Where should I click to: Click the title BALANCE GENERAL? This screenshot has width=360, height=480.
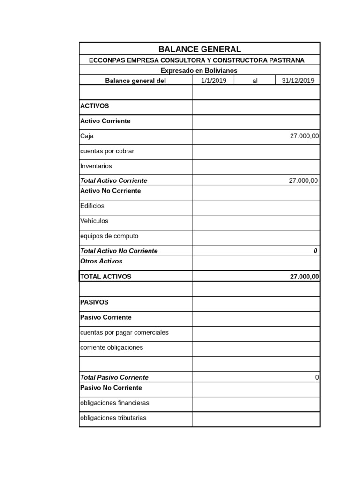[x=200, y=49]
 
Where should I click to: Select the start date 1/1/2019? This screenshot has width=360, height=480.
[x=214, y=81]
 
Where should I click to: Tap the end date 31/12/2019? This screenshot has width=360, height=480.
[x=298, y=81]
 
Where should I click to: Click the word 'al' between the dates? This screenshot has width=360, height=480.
[x=255, y=81]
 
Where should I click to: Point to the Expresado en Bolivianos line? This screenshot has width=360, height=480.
[x=199, y=70]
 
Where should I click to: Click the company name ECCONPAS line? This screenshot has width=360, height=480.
[x=197, y=60]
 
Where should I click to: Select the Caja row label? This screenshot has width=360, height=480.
[x=87, y=136]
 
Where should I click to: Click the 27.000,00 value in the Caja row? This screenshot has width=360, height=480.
[x=304, y=136]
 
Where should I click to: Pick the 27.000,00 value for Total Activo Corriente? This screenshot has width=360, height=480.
[x=304, y=180]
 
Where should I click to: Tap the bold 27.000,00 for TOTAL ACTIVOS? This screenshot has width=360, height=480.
[x=304, y=277]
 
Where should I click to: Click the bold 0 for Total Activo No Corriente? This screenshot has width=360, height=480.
[x=315, y=251]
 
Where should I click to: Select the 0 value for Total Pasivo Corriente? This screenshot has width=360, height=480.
[x=317, y=377]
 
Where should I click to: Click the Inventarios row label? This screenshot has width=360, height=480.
[x=96, y=166]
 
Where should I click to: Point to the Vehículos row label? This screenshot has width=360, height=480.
[x=94, y=221]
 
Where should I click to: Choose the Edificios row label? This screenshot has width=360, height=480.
[x=92, y=206]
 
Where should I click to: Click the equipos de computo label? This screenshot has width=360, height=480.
[x=109, y=236]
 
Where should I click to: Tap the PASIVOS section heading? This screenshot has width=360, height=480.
[x=94, y=302]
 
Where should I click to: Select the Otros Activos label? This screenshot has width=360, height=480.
[x=101, y=261]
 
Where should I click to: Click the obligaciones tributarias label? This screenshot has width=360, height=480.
[x=113, y=418]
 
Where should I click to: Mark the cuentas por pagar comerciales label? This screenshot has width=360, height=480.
[x=124, y=332]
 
